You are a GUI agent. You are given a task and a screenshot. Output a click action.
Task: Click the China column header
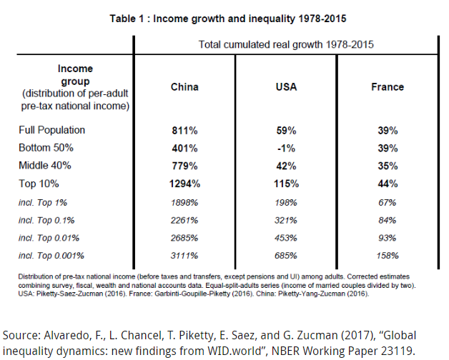click(184, 87)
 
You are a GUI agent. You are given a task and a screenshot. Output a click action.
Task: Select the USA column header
click(287, 87)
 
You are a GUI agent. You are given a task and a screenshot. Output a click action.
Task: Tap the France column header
click(388, 87)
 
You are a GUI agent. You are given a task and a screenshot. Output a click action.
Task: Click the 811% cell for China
click(184, 131)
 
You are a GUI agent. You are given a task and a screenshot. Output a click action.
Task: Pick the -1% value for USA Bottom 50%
click(287, 149)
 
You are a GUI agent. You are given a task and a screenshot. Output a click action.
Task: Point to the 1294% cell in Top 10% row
click(184, 184)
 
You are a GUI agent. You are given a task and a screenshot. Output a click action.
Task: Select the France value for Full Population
click(388, 131)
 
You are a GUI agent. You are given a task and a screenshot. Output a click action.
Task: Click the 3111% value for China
click(184, 255)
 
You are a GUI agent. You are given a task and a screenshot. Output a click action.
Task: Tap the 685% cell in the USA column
click(287, 255)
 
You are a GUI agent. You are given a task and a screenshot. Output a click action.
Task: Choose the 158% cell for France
click(388, 255)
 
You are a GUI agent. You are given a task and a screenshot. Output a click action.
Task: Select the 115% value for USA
click(287, 184)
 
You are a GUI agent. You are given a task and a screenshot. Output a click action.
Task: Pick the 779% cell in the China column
click(184, 166)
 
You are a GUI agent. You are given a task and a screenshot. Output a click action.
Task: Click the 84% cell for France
click(388, 219)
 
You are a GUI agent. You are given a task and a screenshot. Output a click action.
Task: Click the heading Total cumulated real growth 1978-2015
click(287, 44)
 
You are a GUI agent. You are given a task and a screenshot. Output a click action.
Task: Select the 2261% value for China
click(184, 219)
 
